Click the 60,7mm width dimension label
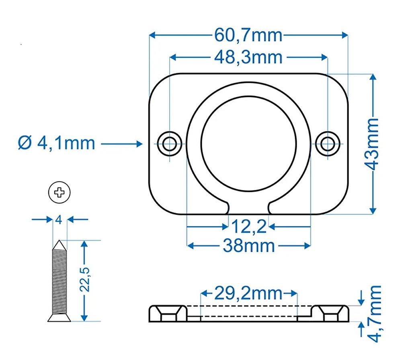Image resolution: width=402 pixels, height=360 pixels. pyautogui.click(x=248, y=36)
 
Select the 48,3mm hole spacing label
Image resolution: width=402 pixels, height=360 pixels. pyautogui.click(x=248, y=58)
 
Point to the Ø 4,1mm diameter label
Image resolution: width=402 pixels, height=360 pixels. pyautogui.click(x=57, y=143)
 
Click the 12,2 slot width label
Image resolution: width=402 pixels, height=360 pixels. pyautogui.click(x=249, y=228)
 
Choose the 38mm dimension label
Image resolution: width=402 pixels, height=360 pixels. pyautogui.click(x=249, y=245)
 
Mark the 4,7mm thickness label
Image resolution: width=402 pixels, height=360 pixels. pyautogui.click(x=375, y=314)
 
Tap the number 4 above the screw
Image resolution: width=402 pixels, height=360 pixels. pyautogui.click(x=59, y=220)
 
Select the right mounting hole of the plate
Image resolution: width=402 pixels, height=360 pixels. pyautogui.click(x=329, y=143)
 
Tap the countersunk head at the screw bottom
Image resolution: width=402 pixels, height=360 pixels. pyautogui.click(x=59, y=317)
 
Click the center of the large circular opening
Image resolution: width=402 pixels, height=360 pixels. pyautogui.click(x=248, y=143)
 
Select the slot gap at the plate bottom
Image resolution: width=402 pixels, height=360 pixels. pyautogui.click(x=249, y=207)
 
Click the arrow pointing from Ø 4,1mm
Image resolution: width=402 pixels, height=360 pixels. pyautogui.click(x=123, y=143)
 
